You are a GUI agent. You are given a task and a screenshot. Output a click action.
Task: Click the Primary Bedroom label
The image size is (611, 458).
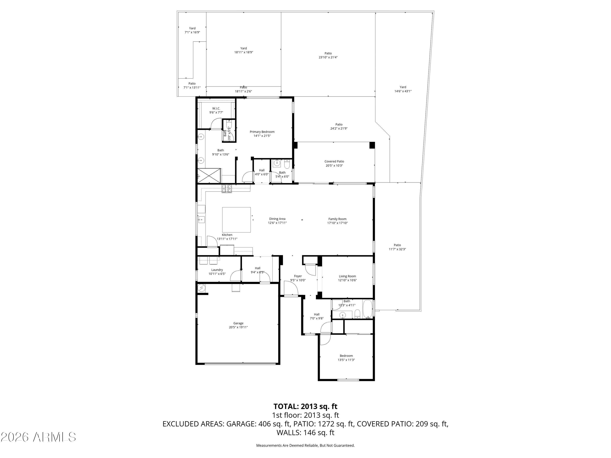tap(262, 132)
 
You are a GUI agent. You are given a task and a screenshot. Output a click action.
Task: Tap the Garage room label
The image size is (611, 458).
tap(238, 323)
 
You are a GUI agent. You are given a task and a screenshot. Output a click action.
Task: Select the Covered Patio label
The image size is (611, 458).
tap(334, 161)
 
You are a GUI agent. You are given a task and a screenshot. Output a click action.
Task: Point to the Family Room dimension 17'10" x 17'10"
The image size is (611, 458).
tap(337, 223)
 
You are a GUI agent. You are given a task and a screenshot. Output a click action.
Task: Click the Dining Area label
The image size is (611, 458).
tap(277, 219)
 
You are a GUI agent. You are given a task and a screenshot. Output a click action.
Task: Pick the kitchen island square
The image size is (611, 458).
tap(236, 220)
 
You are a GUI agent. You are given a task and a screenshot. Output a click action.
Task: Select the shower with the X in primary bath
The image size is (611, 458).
tap(209, 176)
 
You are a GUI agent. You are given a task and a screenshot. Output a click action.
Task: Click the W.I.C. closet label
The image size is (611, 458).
tap(216, 108)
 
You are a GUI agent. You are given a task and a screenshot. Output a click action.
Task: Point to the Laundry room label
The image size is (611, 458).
tap(217, 270)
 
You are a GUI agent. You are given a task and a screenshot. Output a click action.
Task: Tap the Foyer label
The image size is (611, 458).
tap(298, 276)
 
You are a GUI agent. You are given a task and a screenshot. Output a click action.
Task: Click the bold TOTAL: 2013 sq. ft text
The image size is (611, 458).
tap(305, 406)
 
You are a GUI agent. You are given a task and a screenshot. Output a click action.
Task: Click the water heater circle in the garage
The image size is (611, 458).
tap(202, 288)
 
